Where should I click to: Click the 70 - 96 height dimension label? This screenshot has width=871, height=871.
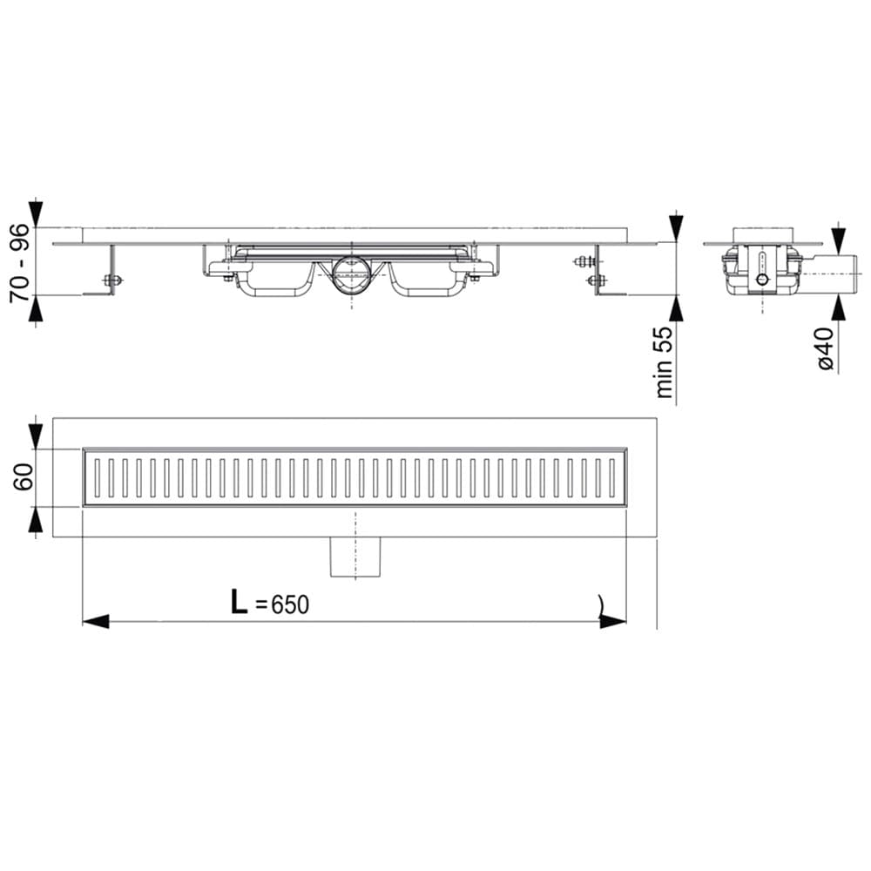coord(19,262)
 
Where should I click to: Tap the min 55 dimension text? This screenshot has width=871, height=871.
coord(664,361)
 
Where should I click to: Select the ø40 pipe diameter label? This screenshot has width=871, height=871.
coord(826,349)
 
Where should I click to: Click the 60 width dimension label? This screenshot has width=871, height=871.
coord(24,476)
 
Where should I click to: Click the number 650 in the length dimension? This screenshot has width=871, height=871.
coord(290,605)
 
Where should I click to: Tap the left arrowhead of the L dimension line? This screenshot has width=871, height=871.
coord(96,622)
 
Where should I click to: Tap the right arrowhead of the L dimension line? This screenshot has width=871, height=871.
coord(613,622)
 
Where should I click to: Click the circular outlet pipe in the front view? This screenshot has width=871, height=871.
coord(352,275)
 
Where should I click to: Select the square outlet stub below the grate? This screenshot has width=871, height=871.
coord(355,557)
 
